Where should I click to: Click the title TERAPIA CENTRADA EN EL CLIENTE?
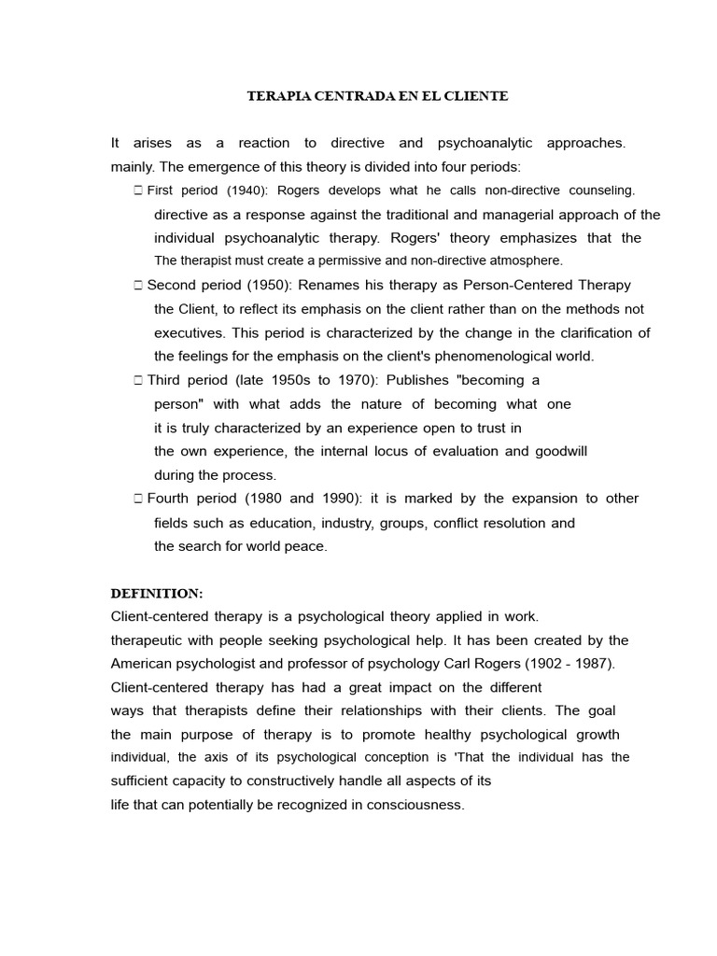pos(377,95)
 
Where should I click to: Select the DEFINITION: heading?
pos(156,593)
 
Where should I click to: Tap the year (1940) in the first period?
pos(225,190)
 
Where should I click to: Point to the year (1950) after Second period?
pos(268,285)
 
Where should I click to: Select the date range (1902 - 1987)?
pos(558,663)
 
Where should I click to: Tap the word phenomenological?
pos(486,356)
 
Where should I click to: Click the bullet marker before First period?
pos(137,190)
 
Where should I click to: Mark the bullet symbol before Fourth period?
pos(137,499)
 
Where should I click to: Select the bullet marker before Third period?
pos(137,380)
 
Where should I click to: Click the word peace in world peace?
pos(305,546)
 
